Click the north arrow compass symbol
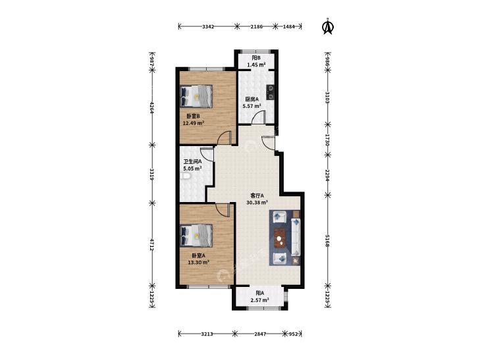click(x=328, y=26)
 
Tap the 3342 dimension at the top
click(x=208, y=26)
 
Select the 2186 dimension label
click(x=257, y=26)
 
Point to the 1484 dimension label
click(x=288, y=26)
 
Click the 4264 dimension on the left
click(x=151, y=108)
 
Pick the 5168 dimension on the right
click(x=327, y=241)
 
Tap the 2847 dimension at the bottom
click(x=260, y=334)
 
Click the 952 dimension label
click(x=293, y=334)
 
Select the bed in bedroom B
click(x=196, y=96)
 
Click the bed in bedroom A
click(x=196, y=236)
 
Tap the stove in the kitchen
click(x=271, y=92)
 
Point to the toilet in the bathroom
click(x=186, y=177)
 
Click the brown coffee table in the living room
click(x=279, y=238)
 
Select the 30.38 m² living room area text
click(x=257, y=202)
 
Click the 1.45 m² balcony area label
click(x=256, y=65)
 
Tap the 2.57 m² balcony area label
click(x=259, y=300)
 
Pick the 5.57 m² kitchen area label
click(x=252, y=106)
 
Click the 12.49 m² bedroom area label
click(x=194, y=123)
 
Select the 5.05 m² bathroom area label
click(x=192, y=168)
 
